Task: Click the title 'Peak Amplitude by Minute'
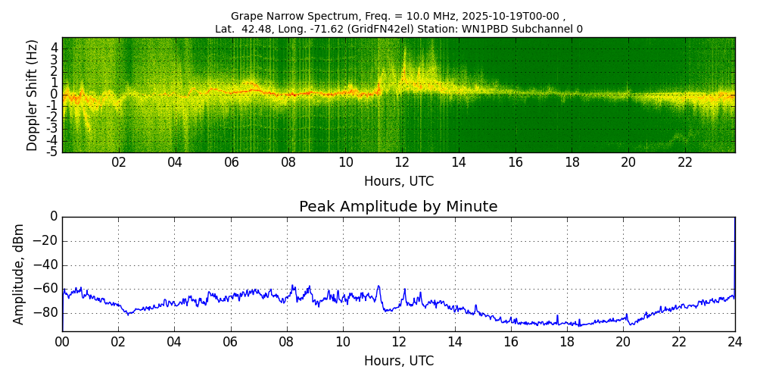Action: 398,207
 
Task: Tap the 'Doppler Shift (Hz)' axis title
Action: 32,95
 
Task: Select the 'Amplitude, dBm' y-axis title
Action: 19,274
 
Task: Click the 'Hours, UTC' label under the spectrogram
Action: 399,182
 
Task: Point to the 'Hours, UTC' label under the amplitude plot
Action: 399,361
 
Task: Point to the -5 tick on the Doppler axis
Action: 53,152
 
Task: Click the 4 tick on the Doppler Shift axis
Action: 55,48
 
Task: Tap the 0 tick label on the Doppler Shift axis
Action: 55,95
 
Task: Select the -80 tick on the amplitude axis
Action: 46,312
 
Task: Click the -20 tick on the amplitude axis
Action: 46,241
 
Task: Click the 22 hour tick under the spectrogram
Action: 685,163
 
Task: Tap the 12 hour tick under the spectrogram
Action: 402,163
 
